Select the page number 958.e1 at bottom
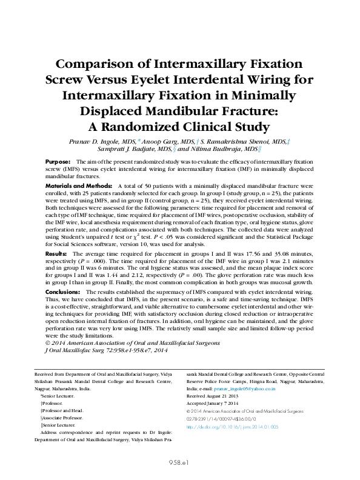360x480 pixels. point(180,462)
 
